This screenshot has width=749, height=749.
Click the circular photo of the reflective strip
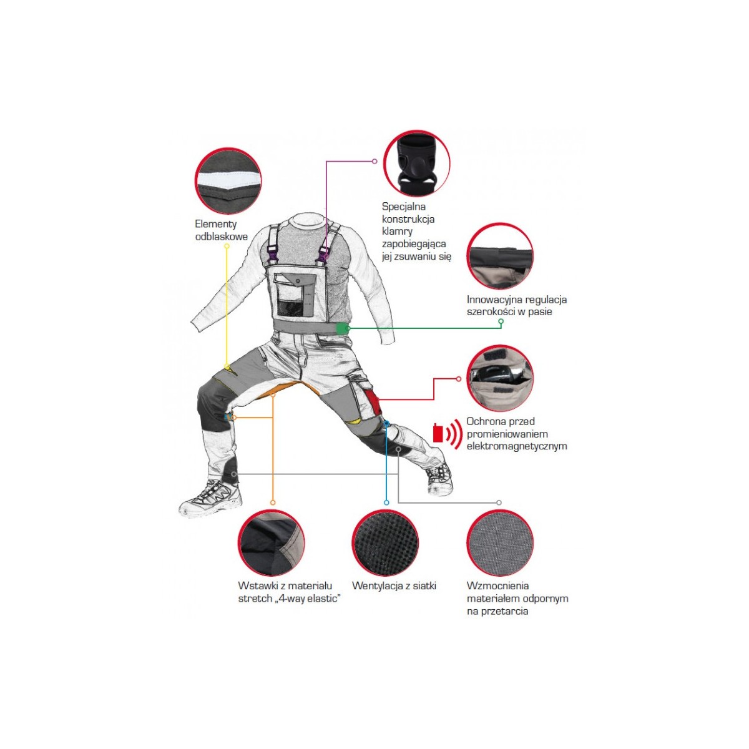coord(228,181)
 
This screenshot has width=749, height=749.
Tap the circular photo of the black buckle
coord(417,164)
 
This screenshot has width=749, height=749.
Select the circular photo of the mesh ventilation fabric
coord(385,542)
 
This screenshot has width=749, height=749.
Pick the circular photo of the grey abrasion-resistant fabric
coord(500,542)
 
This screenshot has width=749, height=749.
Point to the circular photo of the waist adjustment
coord(500,256)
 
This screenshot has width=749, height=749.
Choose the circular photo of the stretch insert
coord(272,542)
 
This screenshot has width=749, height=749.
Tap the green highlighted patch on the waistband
coord(341,328)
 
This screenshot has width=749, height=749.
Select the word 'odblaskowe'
coord(221,237)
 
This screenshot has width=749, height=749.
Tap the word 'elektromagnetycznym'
coord(517,446)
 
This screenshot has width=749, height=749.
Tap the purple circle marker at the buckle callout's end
coord(374,161)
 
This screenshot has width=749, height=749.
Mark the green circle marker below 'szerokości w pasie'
coord(501,321)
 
